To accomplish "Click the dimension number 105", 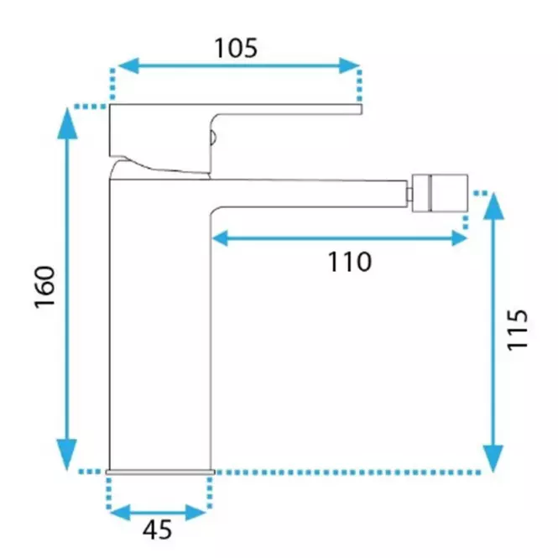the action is [x=236, y=48].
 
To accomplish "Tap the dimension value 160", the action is [x=45, y=287].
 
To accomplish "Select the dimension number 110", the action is [x=349, y=262].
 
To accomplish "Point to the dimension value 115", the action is [x=517, y=330].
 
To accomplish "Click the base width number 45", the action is [x=157, y=529].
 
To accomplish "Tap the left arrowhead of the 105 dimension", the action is [x=128, y=65].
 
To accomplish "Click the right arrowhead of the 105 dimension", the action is [x=349, y=65].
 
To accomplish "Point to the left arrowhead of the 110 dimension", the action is [x=220, y=238].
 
